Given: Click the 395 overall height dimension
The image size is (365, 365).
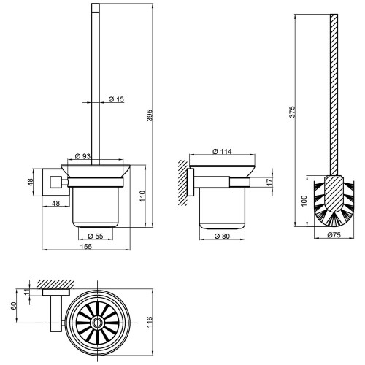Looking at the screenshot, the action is (150, 115).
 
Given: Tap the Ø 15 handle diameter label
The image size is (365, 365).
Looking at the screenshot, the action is (116, 99).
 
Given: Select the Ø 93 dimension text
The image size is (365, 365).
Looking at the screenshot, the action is (82, 156).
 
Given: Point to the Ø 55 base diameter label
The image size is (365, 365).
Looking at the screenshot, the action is (96, 236).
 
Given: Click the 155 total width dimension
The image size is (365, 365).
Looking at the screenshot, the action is (86, 247).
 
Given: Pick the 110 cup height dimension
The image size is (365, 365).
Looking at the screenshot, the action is (142, 196).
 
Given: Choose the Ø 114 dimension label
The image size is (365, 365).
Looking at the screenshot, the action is (222, 152).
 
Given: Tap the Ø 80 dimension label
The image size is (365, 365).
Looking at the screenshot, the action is (222, 236).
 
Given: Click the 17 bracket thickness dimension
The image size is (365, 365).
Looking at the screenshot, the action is (269, 182).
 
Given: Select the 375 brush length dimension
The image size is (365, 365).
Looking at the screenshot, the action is (292, 112).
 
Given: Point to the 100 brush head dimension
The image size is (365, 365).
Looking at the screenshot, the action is (304, 201).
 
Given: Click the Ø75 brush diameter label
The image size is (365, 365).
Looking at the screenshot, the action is (334, 235).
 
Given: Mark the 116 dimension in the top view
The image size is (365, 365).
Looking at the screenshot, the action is (150, 322).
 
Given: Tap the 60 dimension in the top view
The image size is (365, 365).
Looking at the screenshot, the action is (13, 305).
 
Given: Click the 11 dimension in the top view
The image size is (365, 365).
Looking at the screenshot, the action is (26, 292).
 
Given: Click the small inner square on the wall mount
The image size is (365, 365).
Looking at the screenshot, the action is (55, 182).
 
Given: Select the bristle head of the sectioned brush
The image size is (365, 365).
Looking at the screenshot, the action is (334, 201).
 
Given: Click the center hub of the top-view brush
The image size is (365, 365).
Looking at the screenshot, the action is (98, 323).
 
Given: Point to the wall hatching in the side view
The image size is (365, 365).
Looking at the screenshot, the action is (182, 182).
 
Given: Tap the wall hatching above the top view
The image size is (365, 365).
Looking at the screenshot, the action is (55, 284).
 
